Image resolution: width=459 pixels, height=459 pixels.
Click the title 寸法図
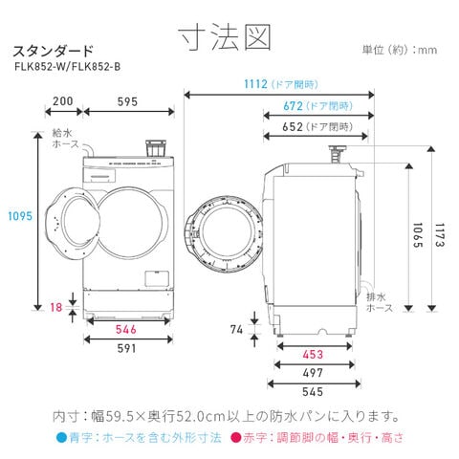point(225,37)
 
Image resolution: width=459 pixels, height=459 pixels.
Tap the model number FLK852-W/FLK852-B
point(68,67)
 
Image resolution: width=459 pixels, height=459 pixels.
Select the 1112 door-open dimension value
point(255,84)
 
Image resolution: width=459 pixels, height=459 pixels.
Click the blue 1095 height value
point(20,216)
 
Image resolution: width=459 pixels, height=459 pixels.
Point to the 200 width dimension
point(63,101)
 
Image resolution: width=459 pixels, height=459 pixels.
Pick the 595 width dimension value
point(127,102)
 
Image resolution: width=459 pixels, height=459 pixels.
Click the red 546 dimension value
point(126,330)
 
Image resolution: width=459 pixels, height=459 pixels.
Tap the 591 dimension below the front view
point(126,349)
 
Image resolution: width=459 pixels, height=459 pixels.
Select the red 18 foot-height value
point(56,308)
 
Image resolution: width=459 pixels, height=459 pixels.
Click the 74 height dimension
point(237,330)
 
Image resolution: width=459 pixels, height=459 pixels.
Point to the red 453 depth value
point(313,355)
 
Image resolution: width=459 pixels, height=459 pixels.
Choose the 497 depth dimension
point(313,373)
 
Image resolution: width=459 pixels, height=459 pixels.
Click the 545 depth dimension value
point(313,392)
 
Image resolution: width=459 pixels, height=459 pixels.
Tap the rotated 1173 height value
point(440,235)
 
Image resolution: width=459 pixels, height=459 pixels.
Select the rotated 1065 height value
point(418,235)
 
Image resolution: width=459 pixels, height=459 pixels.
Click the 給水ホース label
point(66,139)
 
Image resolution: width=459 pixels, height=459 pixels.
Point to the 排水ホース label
point(380,302)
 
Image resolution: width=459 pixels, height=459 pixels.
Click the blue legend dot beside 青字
point(61,437)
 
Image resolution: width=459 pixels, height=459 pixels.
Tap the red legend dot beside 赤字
point(236,437)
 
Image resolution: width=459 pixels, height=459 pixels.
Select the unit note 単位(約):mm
point(400,50)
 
